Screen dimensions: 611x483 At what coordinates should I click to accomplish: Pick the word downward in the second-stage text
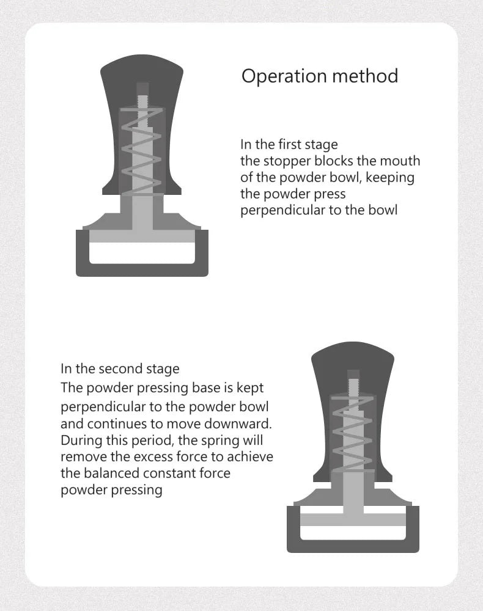point(242,423)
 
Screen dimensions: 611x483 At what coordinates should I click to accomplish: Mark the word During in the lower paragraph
point(81,441)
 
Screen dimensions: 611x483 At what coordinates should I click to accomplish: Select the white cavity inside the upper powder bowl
point(142,253)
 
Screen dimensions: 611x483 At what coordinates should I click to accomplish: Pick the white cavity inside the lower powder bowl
point(353,532)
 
